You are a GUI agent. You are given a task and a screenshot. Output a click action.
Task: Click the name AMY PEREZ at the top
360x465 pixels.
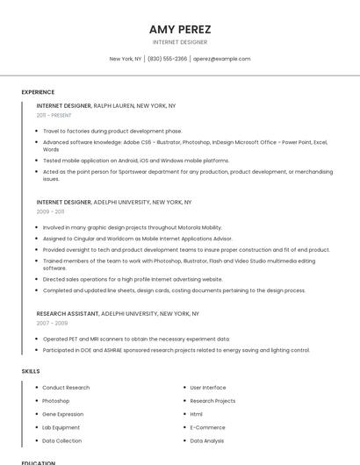[180, 29]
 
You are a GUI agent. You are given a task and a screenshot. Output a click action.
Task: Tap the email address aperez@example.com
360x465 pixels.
[222, 59]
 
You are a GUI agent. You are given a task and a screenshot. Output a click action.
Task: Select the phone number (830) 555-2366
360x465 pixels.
[167, 59]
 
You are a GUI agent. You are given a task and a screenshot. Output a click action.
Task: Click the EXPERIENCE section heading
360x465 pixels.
[38, 92]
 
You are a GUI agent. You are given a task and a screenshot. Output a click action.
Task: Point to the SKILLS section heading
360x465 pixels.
[31, 371]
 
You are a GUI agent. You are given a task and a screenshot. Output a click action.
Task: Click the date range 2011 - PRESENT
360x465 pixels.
[54, 115]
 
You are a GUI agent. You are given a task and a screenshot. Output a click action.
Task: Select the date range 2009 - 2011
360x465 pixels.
[50, 211]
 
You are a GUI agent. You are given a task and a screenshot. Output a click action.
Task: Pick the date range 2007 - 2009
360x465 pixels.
[50, 323]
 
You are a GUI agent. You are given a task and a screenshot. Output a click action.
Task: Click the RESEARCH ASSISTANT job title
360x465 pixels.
[68, 313]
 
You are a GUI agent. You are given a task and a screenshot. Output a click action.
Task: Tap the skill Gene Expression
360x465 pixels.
[63, 414]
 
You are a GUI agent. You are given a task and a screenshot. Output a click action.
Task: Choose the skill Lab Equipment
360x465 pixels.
[61, 427]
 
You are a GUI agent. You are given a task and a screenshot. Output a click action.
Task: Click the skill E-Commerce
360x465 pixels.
[207, 427]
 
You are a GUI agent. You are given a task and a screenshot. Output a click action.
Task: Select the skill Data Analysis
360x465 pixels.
[207, 440]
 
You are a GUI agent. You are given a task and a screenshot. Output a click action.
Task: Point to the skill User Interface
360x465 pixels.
[208, 387]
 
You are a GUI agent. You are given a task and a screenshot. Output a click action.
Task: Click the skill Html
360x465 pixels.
[197, 414]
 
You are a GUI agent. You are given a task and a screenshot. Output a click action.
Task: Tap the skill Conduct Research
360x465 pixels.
[66, 387]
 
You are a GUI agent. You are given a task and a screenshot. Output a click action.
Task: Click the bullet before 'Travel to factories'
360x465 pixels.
[37, 131]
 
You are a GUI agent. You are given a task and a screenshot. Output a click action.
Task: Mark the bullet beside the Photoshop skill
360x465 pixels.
[37, 401]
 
